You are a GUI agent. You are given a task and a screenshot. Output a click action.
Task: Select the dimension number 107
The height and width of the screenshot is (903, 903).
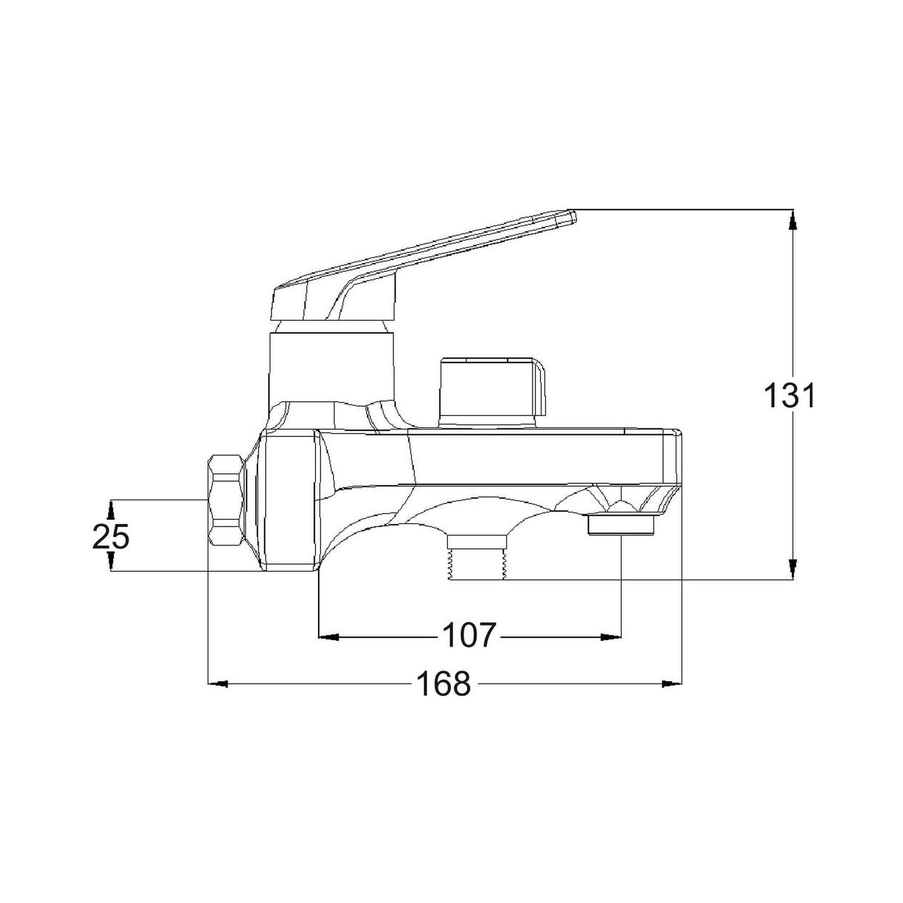[468, 636]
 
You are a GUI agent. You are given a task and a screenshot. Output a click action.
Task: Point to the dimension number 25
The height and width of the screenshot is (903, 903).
[111, 536]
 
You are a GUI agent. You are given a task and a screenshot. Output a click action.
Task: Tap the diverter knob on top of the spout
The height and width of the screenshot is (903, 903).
[492, 391]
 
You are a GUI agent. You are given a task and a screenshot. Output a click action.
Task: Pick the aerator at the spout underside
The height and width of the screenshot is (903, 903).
[620, 524]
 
